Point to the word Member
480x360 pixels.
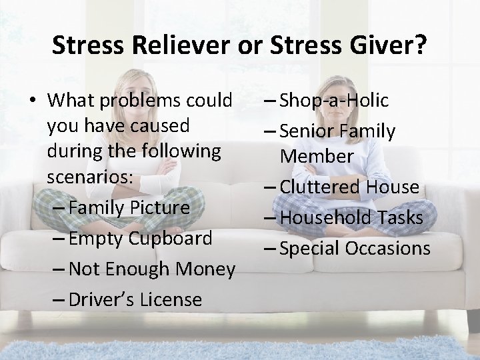[x=317, y=156]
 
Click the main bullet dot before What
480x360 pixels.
[x=31, y=101]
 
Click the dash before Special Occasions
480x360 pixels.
[x=269, y=248]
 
